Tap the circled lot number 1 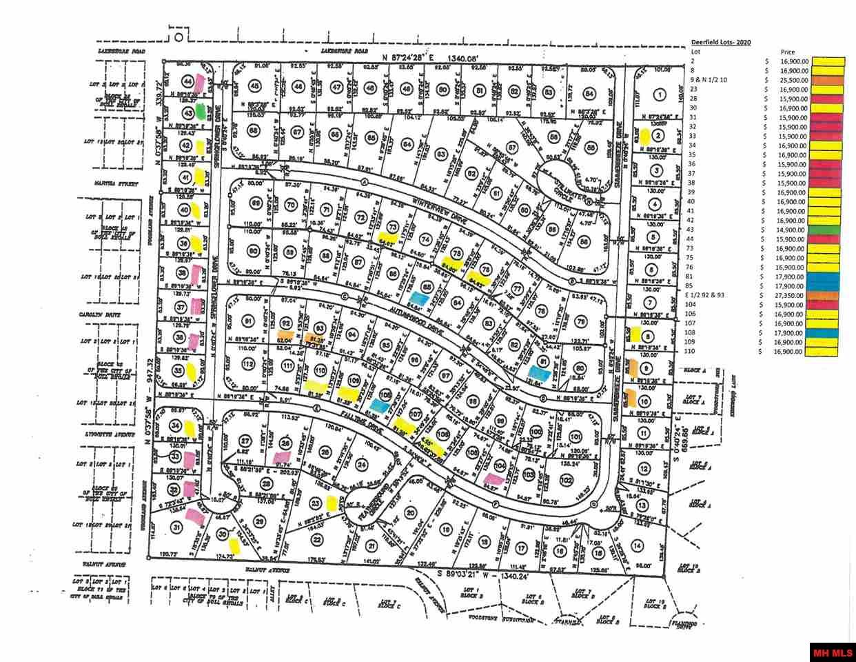click(660, 95)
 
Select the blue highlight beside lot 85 click(416, 297)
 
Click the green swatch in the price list click(828, 229)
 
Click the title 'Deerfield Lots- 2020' click(721, 43)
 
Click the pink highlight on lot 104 click(493, 479)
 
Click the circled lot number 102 click(567, 479)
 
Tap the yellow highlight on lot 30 click(234, 545)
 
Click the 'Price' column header click(788, 52)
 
